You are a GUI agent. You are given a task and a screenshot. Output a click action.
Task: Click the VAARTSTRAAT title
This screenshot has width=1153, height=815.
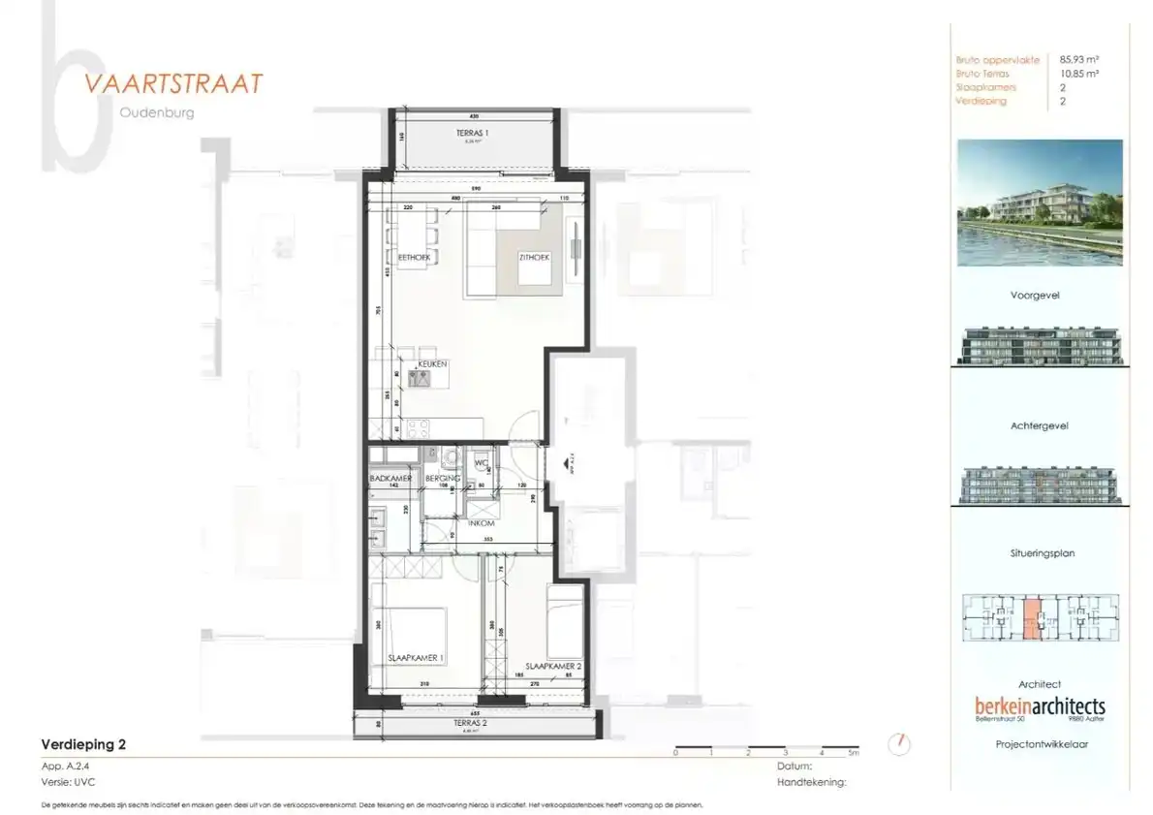(173, 83)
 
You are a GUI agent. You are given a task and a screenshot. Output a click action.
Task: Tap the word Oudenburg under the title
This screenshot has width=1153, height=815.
(157, 112)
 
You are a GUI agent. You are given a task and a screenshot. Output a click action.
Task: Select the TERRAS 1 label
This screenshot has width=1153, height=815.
(473, 132)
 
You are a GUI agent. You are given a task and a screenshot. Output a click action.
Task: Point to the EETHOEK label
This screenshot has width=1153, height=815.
(414, 257)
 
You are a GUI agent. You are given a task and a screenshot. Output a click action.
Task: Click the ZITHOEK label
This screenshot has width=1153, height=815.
(534, 258)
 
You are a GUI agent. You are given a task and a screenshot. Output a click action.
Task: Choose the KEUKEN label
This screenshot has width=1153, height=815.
(432, 363)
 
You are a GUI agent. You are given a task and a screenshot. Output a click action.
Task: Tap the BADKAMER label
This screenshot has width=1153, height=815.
(390, 479)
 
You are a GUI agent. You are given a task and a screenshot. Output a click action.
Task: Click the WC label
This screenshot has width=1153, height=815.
(481, 463)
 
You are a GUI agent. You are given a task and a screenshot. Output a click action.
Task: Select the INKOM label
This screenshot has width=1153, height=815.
(482, 523)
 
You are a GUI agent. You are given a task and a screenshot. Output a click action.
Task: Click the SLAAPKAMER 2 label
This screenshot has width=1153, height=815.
(552, 666)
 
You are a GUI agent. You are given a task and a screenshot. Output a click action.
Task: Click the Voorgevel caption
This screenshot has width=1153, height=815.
(1035, 295)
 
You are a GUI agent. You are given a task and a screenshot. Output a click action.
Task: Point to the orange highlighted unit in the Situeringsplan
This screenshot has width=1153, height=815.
(1031, 618)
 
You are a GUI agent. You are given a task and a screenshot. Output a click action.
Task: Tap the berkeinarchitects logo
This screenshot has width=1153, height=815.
(1040, 706)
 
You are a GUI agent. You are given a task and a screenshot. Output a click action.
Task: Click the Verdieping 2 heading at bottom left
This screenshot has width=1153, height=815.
(83, 745)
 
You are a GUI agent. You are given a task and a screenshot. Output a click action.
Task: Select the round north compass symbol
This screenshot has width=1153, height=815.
(901, 744)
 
